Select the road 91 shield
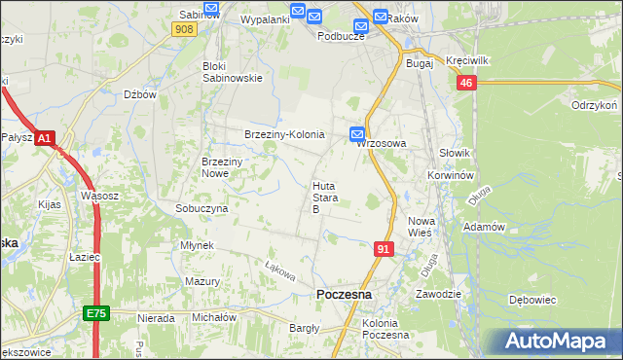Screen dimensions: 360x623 384,250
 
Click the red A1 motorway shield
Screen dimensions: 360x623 45,139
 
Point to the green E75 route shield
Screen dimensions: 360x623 96,313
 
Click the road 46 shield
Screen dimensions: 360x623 466,84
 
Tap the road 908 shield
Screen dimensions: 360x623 183,30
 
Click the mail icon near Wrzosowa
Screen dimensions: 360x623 357,133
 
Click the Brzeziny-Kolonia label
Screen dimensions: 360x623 283,134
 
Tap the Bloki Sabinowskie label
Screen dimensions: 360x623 233,72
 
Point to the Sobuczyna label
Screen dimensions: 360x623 202,208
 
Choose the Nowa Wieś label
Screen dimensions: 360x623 421,227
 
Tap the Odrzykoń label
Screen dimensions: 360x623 597,105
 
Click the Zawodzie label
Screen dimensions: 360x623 438,293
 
